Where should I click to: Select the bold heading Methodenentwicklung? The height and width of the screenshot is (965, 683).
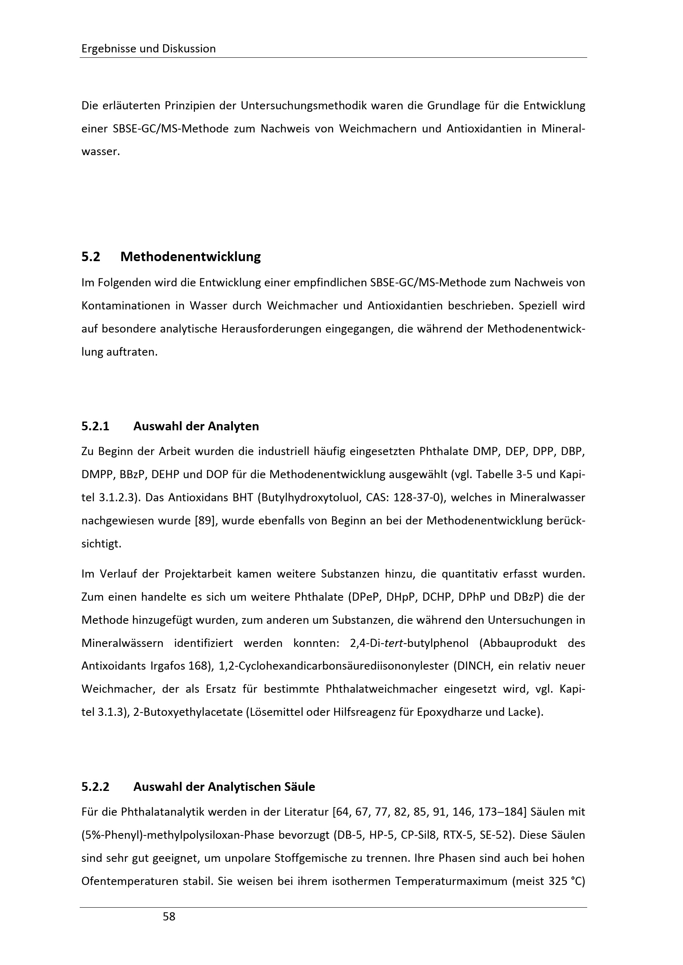tap(190, 256)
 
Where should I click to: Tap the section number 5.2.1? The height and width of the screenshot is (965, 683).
tap(95, 426)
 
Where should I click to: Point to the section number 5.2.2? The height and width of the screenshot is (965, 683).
tap(95, 786)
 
